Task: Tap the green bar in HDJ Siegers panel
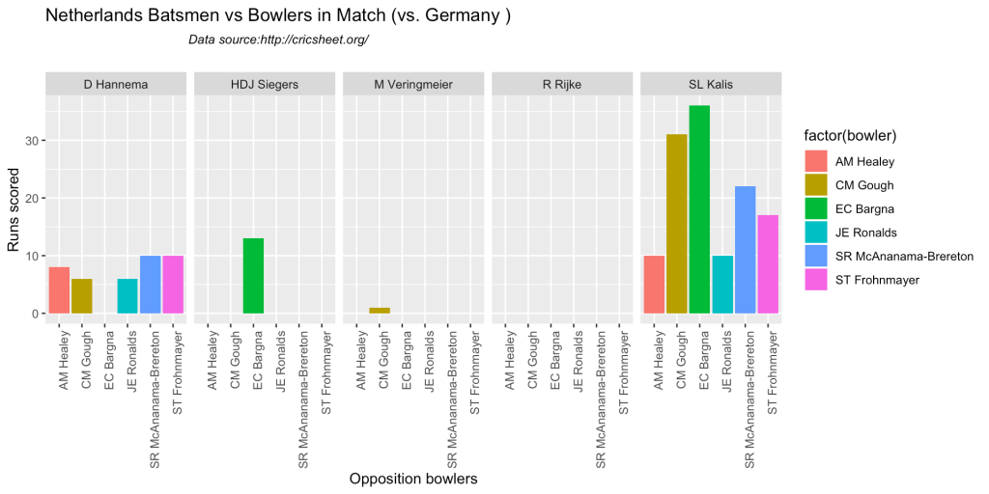coord(254,276)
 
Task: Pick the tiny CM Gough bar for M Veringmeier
coord(381,311)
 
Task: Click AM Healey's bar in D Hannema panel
coord(59,290)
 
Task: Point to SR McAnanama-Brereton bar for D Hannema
coord(151,285)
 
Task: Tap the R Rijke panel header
coord(562,85)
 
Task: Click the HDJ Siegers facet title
coord(265,85)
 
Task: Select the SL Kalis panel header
coord(711,85)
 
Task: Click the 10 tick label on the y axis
coord(32,257)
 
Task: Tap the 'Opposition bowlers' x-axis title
coord(413,479)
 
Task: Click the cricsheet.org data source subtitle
coord(279,40)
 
